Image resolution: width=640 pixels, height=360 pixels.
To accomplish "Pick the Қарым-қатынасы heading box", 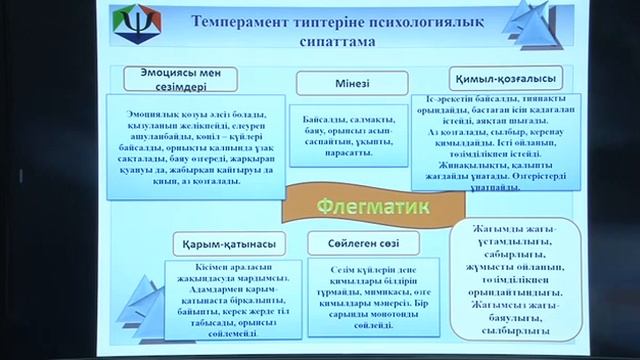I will coord(221,243).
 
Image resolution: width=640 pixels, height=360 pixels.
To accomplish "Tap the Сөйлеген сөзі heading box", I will coord(345,243).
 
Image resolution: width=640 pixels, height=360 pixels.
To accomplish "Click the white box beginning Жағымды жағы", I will coord(503,280).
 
